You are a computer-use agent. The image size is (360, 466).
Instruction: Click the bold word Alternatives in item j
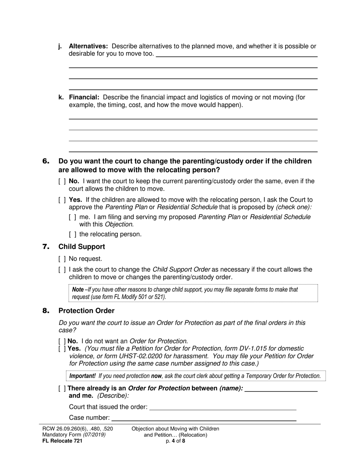pyautogui.click(x=88, y=46)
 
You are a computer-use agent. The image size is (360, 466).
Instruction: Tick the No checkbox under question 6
pyautogui.click(x=62, y=181)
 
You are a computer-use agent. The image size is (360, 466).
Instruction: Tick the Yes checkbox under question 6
pyautogui.click(x=62, y=200)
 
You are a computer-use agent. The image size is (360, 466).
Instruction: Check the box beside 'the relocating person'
pyautogui.click(x=73, y=235)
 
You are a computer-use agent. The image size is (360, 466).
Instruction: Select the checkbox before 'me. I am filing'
pyautogui.click(x=73, y=217)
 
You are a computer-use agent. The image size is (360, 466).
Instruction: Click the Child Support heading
pyautogui.click(x=81, y=247)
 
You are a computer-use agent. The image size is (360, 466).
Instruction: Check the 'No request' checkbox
pyautogui.click(x=62, y=259)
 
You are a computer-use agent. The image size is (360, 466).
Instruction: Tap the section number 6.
pyautogui.click(x=46, y=161)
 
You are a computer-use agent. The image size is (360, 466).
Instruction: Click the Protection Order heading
pyautogui.click(x=86, y=311)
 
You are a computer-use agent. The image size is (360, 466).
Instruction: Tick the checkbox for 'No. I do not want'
pyautogui.click(x=62, y=341)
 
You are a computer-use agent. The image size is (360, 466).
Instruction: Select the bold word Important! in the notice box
pyautogui.click(x=83, y=376)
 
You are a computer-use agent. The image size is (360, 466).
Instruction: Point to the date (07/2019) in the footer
pyautogui.click(x=94, y=435)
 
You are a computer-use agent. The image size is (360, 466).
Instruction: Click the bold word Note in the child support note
pyautogui.click(x=78, y=289)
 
